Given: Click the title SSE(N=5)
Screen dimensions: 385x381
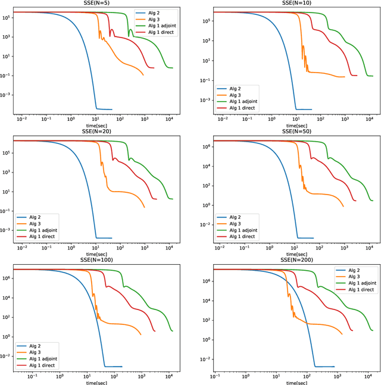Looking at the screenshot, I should point(99,4).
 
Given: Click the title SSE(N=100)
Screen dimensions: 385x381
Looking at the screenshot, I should point(99,260).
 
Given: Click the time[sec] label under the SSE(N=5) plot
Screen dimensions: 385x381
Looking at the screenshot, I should point(99,126).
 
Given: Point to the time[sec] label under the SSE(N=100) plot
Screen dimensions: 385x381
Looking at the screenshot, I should point(99,382).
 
